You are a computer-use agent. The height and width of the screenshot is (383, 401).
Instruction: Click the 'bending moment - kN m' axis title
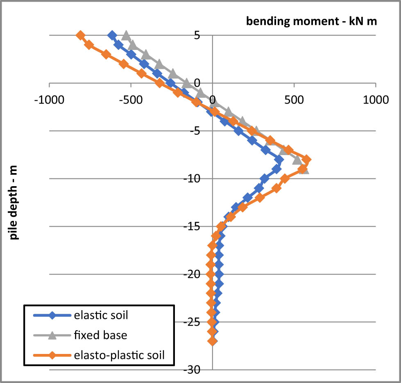tap(311, 22)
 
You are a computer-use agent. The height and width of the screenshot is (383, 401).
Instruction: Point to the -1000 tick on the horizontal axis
tap(49, 99)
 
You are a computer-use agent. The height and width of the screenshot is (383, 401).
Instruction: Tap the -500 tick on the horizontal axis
tap(131, 99)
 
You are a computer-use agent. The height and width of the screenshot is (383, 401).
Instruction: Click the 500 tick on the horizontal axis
tap(294, 99)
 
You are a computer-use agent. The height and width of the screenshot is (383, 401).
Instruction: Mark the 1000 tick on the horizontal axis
tap(375, 99)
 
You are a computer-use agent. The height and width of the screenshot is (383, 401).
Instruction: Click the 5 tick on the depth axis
tap(197, 36)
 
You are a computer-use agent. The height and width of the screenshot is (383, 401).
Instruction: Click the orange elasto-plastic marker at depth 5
tap(81, 36)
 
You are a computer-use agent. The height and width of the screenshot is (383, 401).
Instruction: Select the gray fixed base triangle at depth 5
tap(127, 36)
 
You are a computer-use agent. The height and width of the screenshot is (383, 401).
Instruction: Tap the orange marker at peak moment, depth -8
tap(306, 160)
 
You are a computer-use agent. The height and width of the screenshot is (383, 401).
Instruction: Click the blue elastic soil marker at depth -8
tap(279, 160)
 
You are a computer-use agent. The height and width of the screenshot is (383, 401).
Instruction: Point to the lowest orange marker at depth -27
tap(212, 341)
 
